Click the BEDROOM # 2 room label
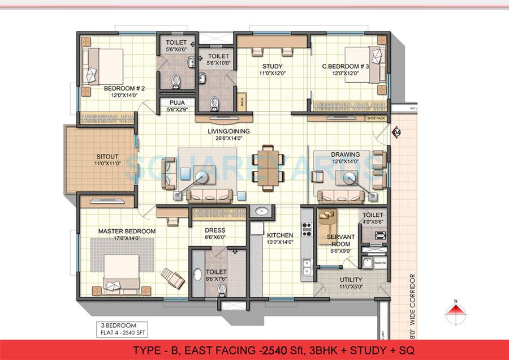(124, 89)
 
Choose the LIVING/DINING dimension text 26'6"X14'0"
(228, 138)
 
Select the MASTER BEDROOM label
(119, 232)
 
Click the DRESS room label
(215, 230)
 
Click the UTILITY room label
(351, 280)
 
